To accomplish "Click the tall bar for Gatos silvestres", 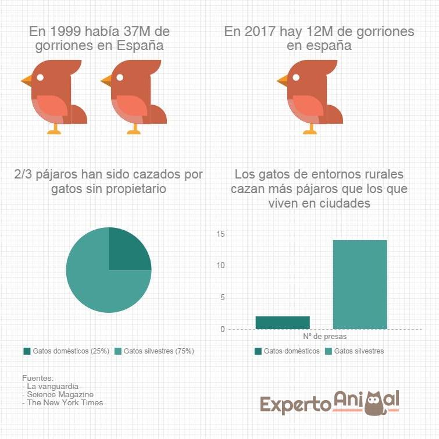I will [x=359, y=284].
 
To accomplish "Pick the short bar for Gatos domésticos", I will [x=282, y=322].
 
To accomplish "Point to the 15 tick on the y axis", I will [x=220, y=234].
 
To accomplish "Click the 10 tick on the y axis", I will [x=220, y=266].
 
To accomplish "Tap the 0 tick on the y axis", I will [x=222, y=329].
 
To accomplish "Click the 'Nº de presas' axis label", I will [x=320, y=336].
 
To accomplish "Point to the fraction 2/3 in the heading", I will [x=25, y=175].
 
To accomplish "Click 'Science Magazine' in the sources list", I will [x=52, y=394].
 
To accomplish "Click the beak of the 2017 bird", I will [x=283, y=80].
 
